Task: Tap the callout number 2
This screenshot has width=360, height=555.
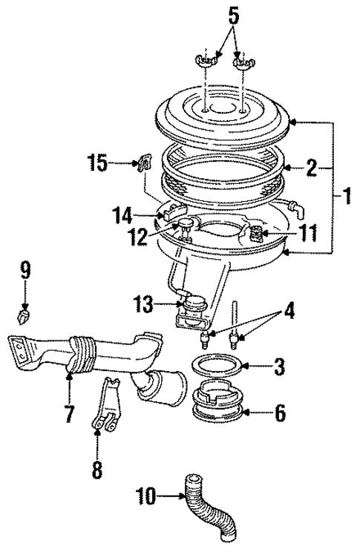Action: (x=312, y=168)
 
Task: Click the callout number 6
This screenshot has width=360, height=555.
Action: (x=279, y=413)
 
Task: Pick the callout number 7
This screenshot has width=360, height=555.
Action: (x=68, y=414)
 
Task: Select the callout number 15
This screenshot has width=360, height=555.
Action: (x=97, y=162)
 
